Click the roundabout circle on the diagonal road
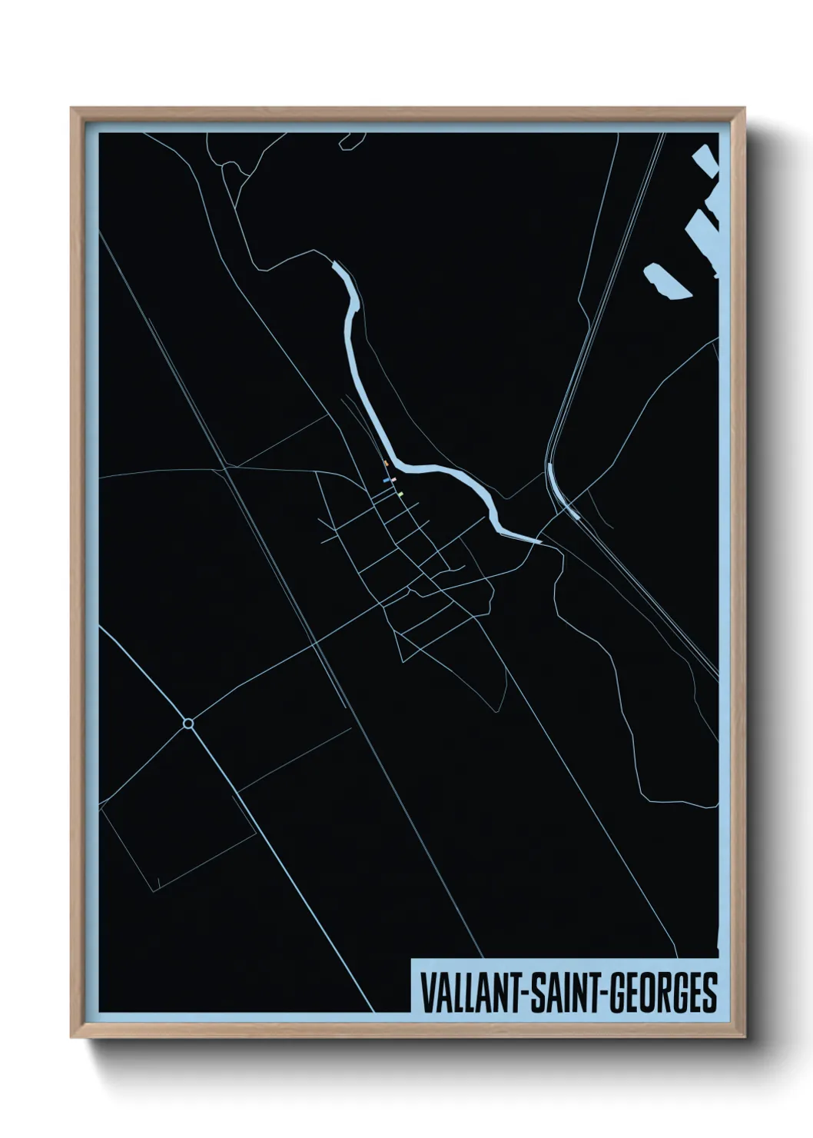(x=188, y=723)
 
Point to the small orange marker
(x=386, y=463)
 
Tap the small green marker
(x=400, y=493)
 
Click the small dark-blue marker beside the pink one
(x=387, y=481)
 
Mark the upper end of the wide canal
(x=336, y=266)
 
